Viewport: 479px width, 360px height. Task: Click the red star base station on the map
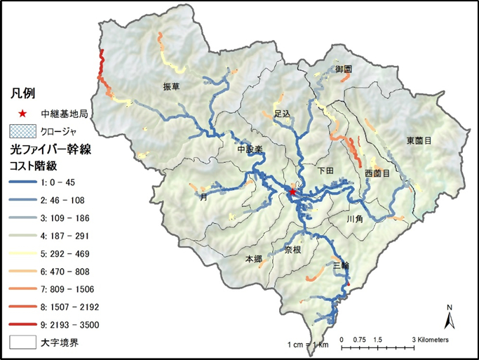point(292,191)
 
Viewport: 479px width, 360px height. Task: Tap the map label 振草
point(171,86)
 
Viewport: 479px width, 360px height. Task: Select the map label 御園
point(343,69)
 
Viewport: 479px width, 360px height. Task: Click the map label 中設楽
point(249,149)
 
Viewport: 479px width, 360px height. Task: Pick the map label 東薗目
point(418,140)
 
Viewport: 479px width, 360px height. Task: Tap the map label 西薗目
point(377,172)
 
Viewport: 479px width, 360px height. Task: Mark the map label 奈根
point(292,249)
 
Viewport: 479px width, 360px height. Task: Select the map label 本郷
point(253,260)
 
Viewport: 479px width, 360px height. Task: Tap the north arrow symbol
point(450,319)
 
